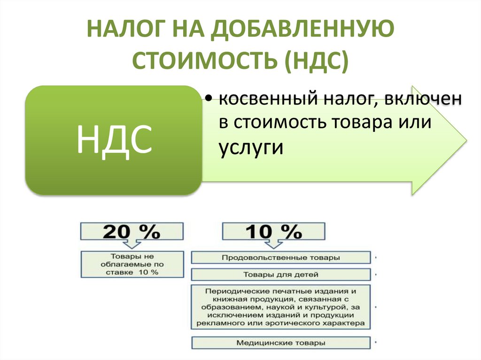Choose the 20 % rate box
132,231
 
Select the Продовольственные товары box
281,258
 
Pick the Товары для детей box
281,275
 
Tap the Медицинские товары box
281,343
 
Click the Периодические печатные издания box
281,306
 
